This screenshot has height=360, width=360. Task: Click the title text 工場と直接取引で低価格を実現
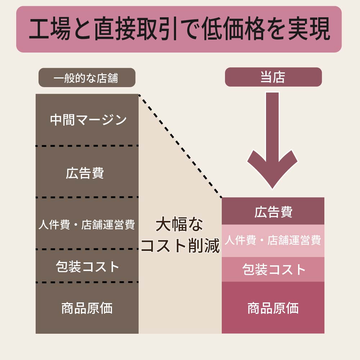pyautogui.click(x=180, y=29)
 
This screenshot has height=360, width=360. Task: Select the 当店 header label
pyautogui.click(x=273, y=77)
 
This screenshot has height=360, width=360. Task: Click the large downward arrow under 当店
pyautogui.click(x=272, y=140)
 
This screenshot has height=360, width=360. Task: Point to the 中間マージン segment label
pyautogui.click(x=88, y=120)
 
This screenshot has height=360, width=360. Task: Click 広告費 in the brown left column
pyautogui.click(x=85, y=173)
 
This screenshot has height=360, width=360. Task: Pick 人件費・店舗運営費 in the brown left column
pyautogui.click(x=86, y=224)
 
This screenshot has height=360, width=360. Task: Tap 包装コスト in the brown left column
pyautogui.click(x=87, y=266)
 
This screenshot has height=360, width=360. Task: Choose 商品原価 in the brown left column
pyautogui.click(x=87, y=308)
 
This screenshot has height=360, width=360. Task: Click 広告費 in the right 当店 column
pyautogui.click(x=273, y=212)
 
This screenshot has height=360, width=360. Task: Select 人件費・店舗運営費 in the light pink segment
pyautogui.click(x=273, y=240)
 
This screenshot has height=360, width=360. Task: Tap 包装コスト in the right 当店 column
pyautogui.click(x=274, y=269)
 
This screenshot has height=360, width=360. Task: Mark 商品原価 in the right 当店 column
pyautogui.click(x=273, y=308)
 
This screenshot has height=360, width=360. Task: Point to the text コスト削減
pyautogui.click(x=180, y=246)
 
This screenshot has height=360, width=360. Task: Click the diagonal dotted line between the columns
pyautogui.click(x=180, y=146)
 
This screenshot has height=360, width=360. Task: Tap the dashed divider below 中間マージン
pyautogui.click(x=87, y=145)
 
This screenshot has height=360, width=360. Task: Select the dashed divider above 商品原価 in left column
pyautogui.click(x=87, y=282)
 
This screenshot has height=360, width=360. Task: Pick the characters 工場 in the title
pyautogui.click(x=50, y=29)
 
